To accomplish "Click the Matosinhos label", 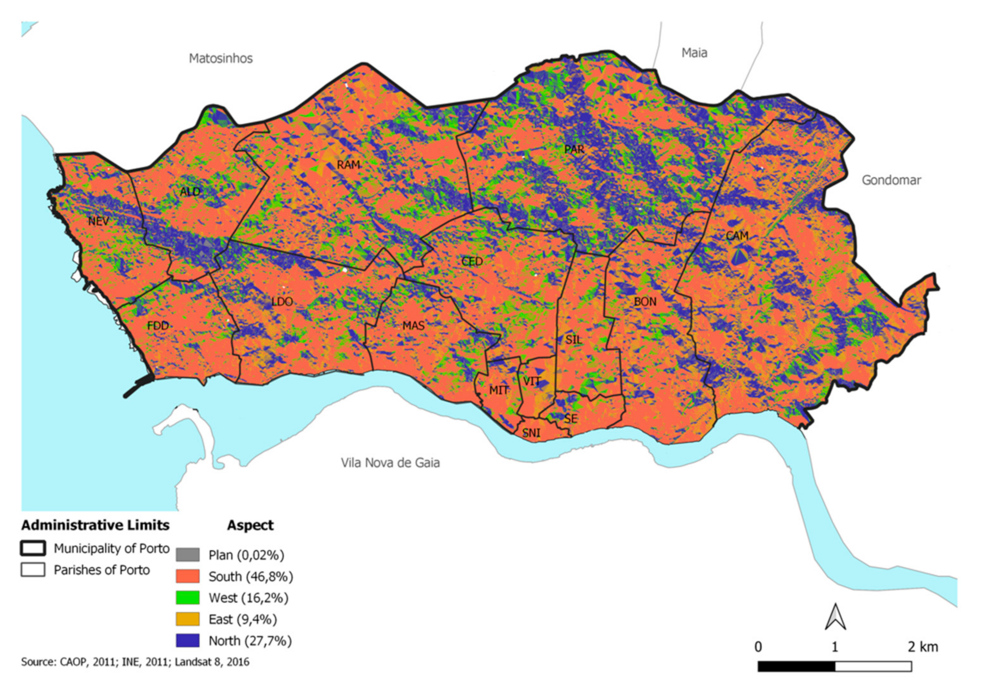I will (x=221, y=58).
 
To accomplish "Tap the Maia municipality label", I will (x=694, y=53).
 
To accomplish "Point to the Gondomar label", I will (x=891, y=180).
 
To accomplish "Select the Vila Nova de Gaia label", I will (x=390, y=463).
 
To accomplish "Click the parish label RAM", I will (x=348, y=165).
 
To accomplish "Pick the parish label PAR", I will (x=574, y=150).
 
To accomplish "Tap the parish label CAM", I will (x=737, y=236).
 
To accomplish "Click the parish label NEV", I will (x=98, y=221).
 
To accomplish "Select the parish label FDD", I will (x=158, y=325).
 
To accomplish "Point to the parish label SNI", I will (x=531, y=433).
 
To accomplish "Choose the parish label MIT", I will (x=498, y=391).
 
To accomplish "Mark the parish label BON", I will (x=645, y=302).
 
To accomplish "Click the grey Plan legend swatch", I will (x=188, y=555).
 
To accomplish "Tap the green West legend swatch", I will (x=188, y=598).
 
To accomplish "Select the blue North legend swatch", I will (x=188, y=641).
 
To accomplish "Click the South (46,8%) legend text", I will (x=250, y=577).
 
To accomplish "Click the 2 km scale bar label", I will (x=922, y=647).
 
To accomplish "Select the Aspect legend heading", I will (x=250, y=525).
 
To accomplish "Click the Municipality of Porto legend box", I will (x=33, y=548).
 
